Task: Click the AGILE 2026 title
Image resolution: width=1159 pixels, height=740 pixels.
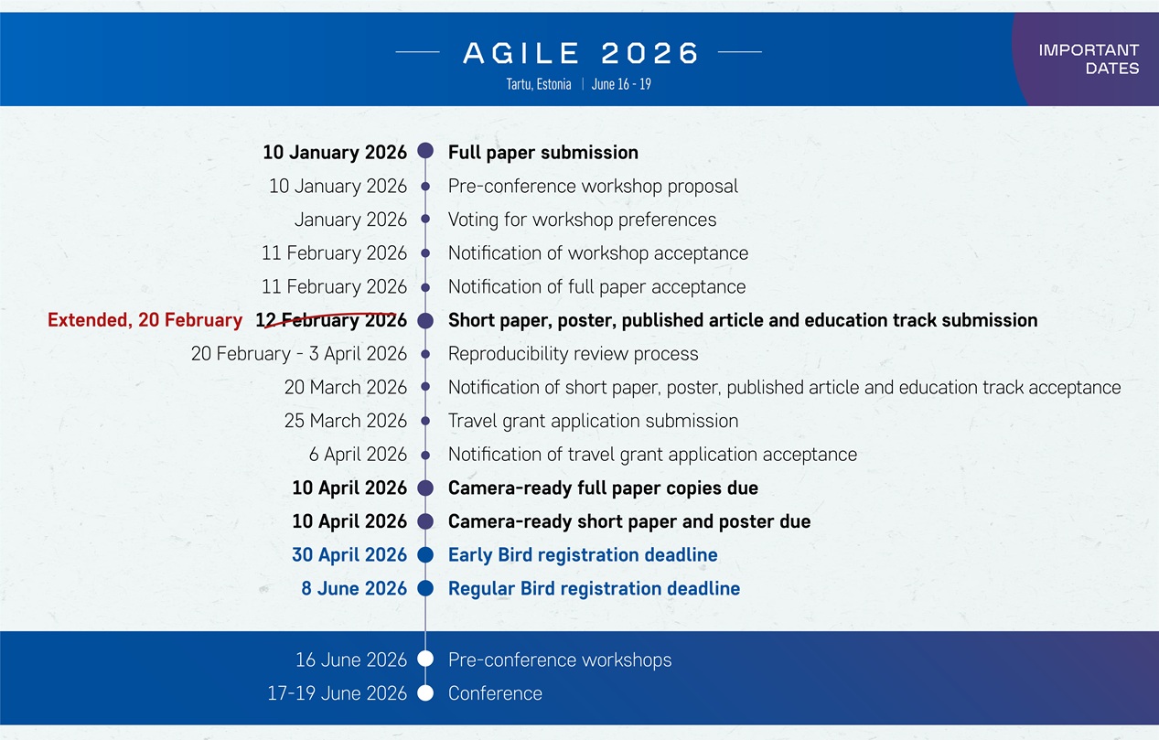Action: [581, 53]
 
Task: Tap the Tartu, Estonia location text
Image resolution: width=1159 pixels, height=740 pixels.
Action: [539, 84]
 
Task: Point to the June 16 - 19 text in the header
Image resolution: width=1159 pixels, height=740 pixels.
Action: [621, 84]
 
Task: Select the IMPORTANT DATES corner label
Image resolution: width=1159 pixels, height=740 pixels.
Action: [1089, 59]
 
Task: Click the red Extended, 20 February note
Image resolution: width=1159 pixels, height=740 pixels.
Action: [145, 320]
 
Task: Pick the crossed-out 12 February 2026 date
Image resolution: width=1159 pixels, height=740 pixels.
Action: [331, 320]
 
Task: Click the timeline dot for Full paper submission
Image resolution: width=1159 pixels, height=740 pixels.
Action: [425, 151]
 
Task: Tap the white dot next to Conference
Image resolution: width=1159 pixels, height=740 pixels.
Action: [425, 693]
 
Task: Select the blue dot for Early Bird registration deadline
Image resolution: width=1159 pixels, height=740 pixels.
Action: [425, 554]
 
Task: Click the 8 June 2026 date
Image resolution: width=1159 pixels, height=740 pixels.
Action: [354, 588]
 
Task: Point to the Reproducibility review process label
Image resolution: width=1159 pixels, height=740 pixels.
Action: [574, 354]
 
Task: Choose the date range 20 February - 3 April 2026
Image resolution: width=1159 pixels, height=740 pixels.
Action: [299, 354]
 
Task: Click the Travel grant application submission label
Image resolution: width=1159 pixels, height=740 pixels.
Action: [593, 422]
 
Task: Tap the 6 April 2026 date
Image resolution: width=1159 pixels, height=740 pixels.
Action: [358, 455]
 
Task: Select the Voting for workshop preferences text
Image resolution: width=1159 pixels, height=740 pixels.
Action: [582, 220]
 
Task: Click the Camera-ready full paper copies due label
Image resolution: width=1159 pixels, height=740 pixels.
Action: [604, 488]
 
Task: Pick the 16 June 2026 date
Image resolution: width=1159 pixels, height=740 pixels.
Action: [351, 660]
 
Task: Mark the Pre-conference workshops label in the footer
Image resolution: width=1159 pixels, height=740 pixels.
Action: [560, 660]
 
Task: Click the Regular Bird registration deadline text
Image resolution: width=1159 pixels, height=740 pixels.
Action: [594, 589]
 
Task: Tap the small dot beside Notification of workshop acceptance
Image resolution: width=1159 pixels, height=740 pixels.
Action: [425, 253]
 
